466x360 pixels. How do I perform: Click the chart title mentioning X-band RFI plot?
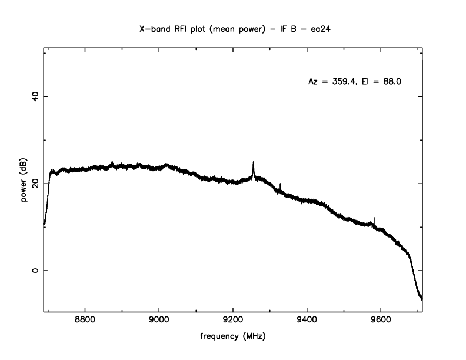pyautogui.click(x=233, y=28)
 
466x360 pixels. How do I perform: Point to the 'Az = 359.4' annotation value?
pyautogui.click(x=332, y=82)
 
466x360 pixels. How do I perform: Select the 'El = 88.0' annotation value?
pyautogui.click(x=383, y=82)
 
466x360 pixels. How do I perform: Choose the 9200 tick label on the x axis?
pyautogui.click(x=233, y=322)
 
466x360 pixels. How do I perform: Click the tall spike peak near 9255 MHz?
pyautogui.click(x=254, y=162)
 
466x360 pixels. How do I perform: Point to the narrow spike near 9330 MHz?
pyautogui.click(x=281, y=184)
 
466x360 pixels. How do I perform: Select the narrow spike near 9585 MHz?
pyautogui.click(x=375, y=218)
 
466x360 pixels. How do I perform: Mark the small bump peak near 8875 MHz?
pyautogui.click(x=112, y=162)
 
